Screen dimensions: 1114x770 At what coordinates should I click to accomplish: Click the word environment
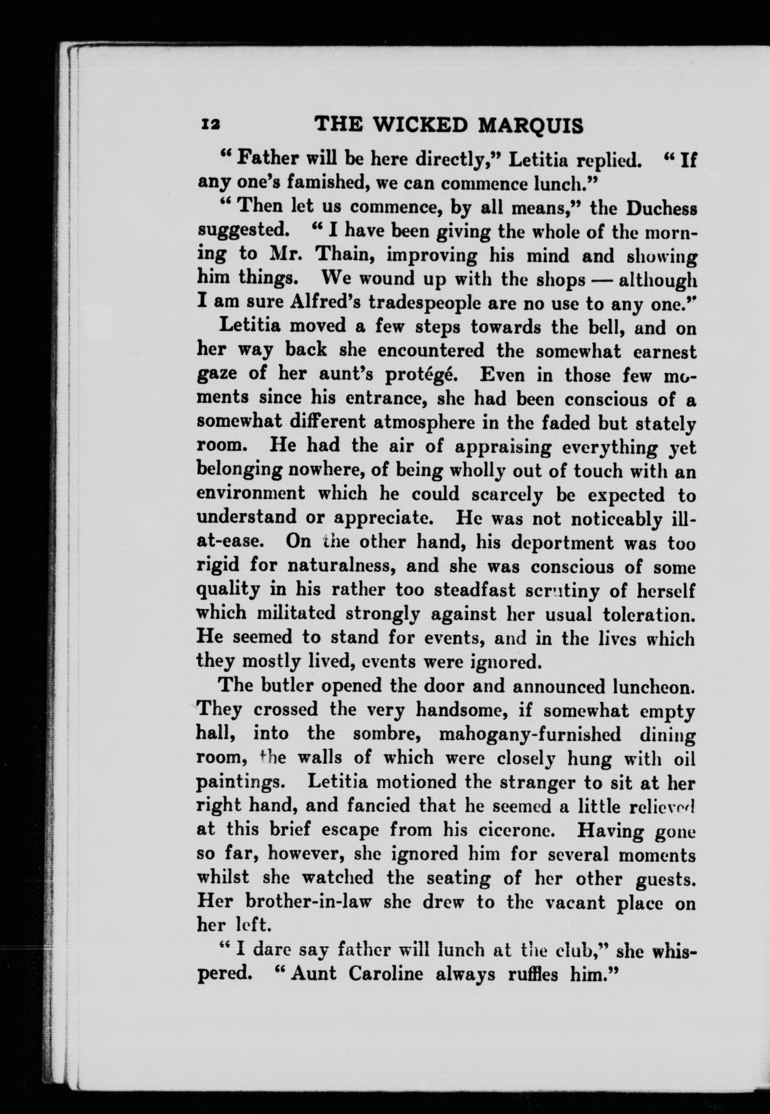(x=251, y=494)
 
